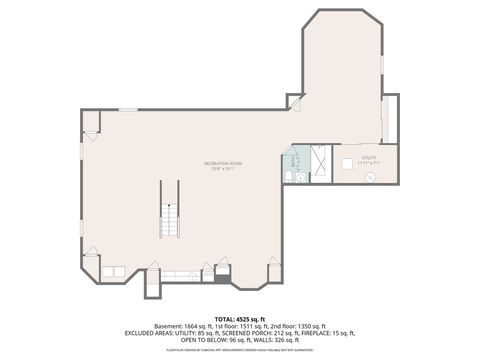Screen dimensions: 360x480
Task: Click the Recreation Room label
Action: pyautogui.click(x=223, y=164)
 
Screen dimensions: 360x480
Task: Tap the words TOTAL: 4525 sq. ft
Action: pyautogui.click(x=239, y=317)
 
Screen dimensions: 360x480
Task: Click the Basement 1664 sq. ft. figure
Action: pyautogui.click(x=190, y=326)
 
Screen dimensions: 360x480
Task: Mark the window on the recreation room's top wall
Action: pyautogui.click(x=128, y=109)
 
